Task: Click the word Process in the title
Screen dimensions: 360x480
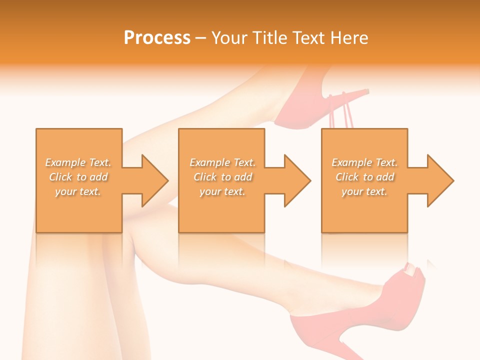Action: point(157,38)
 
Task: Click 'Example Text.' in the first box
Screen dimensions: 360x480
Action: point(78,162)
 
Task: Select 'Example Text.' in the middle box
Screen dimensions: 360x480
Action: point(222,162)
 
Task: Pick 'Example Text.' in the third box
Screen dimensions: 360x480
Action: point(364,162)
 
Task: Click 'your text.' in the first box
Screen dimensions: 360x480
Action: point(78,191)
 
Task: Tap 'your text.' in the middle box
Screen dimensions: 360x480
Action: point(222,191)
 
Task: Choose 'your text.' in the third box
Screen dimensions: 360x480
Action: point(364,191)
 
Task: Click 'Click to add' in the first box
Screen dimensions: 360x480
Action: point(78,177)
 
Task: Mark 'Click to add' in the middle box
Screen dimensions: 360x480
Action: point(222,177)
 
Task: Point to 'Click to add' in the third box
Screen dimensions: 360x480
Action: point(364,177)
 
